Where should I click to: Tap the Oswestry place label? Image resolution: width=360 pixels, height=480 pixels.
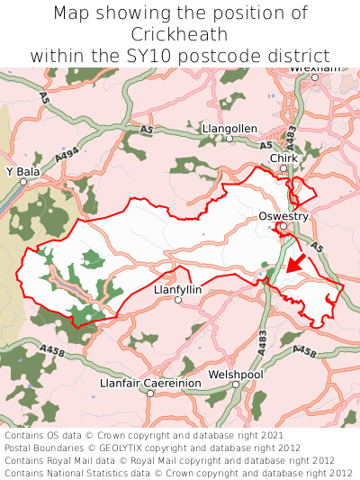(x=283, y=216)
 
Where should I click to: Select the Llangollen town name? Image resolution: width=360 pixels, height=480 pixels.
(x=229, y=129)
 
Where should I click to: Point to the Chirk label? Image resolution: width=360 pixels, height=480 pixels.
(x=283, y=158)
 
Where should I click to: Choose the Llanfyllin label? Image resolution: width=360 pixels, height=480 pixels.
(x=178, y=289)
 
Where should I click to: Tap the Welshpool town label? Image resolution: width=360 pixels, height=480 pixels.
(x=235, y=373)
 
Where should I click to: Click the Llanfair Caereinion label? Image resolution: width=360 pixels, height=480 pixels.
(x=151, y=383)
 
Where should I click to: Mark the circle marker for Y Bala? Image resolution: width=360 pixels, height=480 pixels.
(x=24, y=181)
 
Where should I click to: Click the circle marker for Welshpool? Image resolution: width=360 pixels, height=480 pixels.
(x=236, y=385)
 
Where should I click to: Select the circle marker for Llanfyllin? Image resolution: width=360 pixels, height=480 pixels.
(x=178, y=301)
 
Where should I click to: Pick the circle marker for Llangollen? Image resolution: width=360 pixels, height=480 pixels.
(x=229, y=140)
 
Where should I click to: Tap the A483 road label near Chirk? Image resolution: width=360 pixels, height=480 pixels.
(x=290, y=136)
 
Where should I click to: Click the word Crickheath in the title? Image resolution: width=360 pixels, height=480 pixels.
(x=179, y=34)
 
